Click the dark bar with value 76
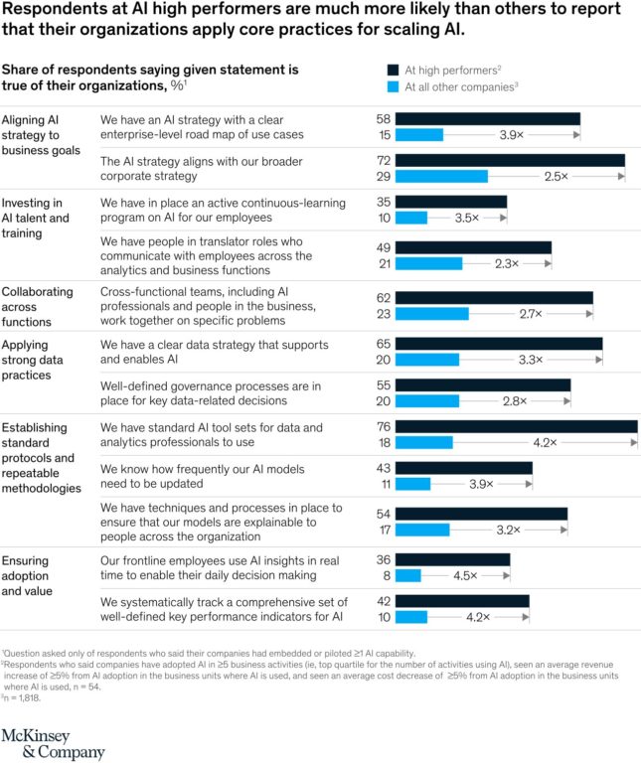[517, 427]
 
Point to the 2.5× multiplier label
[556, 176]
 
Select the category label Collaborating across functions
[38, 306]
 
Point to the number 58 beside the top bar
[384, 118]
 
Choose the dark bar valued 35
[452, 201]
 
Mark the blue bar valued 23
[432, 313]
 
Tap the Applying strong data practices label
[38, 359]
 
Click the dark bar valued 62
[495, 297]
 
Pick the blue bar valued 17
[423, 530]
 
